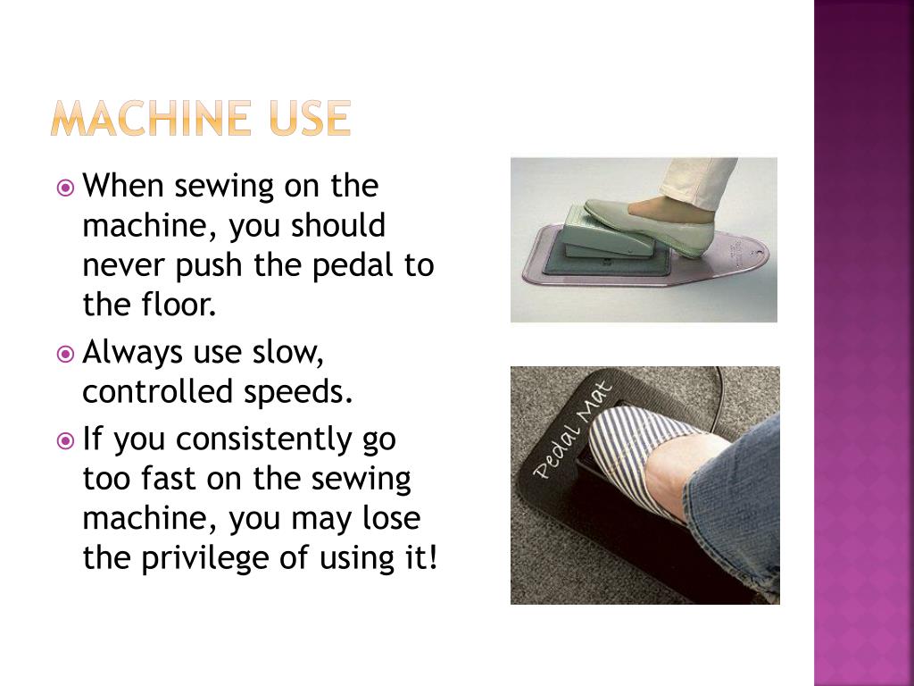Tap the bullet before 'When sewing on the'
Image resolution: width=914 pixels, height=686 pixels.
click(65, 188)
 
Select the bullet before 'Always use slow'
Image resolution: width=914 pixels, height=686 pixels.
click(65, 355)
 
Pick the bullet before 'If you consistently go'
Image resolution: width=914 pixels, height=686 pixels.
click(65, 440)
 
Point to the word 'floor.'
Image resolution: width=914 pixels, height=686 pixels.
click(176, 305)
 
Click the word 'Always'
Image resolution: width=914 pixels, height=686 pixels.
click(132, 353)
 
